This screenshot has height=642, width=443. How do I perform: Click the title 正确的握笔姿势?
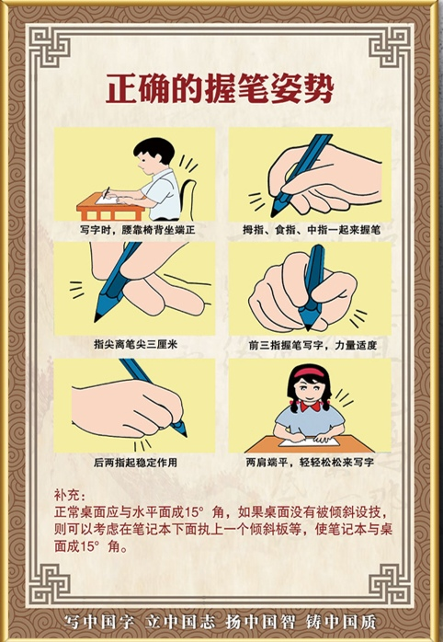220,88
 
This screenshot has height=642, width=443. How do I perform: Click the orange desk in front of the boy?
110,209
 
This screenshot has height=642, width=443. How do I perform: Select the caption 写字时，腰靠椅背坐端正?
138,230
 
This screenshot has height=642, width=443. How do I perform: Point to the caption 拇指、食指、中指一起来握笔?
312,230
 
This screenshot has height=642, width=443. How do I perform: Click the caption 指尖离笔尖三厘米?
135,344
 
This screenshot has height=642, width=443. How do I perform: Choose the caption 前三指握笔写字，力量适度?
312,345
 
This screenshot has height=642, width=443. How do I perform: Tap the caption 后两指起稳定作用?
135,463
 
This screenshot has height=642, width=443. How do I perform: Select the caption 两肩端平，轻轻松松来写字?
310,463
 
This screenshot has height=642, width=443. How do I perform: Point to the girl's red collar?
311,407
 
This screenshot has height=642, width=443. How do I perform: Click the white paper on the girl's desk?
309,441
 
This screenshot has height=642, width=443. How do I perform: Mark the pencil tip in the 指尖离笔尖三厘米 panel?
97,317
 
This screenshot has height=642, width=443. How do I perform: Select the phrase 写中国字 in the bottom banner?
99,623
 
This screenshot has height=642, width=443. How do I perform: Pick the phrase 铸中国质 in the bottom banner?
341,623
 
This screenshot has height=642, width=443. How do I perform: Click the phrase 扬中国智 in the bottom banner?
261,623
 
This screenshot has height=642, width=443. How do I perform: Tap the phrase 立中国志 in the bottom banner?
180,623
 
